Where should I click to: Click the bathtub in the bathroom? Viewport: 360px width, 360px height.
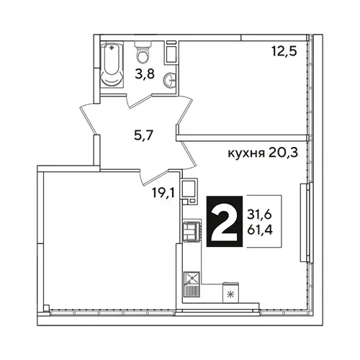pyautogui.click(x=112, y=65)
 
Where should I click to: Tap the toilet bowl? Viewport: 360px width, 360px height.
pyautogui.click(x=143, y=52)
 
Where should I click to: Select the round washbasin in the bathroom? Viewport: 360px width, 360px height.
pyautogui.click(x=170, y=79)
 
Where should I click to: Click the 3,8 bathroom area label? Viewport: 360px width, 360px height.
pyautogui.click(x=145, y=74)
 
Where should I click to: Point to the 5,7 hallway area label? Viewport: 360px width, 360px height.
pyautogui.click(x=143, y=136)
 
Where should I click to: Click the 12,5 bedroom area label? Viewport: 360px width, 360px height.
pyautogui.click(x=284, y=51)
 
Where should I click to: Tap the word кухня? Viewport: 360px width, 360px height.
pyautogui.click(x=246, y=153)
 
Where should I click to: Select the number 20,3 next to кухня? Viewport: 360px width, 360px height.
pyautogui.click(x=283, y=153)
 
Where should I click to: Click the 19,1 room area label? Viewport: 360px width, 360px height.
pyautogui.click(x=163, y=193)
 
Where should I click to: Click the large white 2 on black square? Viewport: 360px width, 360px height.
pyautogui.click(x=225, y=221)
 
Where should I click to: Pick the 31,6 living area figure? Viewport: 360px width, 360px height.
pyautogui.click(x=259, y=215)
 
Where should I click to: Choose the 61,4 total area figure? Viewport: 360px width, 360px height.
pyautogui.click(x=260, y=230)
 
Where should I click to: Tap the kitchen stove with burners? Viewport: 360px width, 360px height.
pyautogui.click(x=192, y=232)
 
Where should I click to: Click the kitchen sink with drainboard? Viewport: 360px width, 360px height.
pyautogui.click(x=192, y=284)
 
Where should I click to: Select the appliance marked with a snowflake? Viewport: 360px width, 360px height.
pyautogui.click(x=230, y=293)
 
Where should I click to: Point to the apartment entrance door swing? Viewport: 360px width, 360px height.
pyautogui.click(x=90, y=119)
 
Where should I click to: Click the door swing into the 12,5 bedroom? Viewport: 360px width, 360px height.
pyautogui.click(x=185, y=110)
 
